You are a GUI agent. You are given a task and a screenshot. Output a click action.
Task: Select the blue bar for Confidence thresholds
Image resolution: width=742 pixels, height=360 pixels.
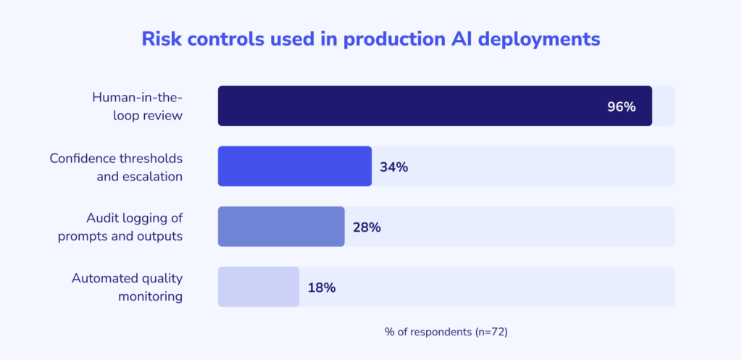click(x=294, y=167)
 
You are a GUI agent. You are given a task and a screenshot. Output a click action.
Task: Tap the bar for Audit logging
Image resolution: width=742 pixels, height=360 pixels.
click(x=281, y=227)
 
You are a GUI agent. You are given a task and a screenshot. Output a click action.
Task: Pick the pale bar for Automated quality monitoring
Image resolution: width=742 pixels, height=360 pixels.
click(x=258, y=287)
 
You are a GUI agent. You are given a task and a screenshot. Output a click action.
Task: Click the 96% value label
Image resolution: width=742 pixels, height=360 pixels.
click(x=621, y=106)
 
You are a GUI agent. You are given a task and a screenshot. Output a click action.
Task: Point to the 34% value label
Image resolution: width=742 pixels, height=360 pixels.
click(x=394, y=167)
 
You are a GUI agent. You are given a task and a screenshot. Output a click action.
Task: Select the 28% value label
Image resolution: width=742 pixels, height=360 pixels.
click(x=367, y=227)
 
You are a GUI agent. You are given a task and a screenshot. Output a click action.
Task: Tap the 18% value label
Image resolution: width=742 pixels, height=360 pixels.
click(x=321, y=288)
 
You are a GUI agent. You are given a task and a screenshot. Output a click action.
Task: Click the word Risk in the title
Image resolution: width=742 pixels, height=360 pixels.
click(x=161, y=39)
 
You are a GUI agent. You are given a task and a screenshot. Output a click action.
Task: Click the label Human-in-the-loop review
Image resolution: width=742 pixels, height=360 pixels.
click(x=137, y=106)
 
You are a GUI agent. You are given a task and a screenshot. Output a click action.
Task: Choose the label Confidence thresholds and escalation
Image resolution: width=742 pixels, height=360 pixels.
click(x=116, y=167)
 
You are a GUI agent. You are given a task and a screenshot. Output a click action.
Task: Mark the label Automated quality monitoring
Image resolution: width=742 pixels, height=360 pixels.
click(x=127, y=287)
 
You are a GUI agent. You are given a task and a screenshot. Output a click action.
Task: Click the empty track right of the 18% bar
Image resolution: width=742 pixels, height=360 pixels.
click(x=507, y=287)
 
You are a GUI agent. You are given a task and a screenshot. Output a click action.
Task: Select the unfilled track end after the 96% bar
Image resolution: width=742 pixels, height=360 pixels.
click(x=664, y=106)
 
